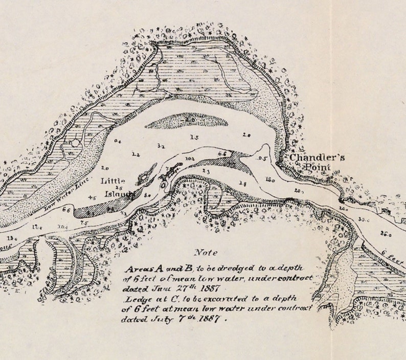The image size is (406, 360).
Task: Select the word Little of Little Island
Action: point(112,181)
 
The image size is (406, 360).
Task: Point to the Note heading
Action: point(206,253)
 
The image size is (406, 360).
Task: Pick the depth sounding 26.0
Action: point(386,235)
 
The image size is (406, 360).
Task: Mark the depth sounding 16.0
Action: point(270,180)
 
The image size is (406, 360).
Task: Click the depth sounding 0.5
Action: point(262,159)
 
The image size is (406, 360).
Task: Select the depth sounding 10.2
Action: point(190,159)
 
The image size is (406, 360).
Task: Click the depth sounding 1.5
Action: point(194,137)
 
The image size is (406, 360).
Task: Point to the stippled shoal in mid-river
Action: point(187,121)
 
